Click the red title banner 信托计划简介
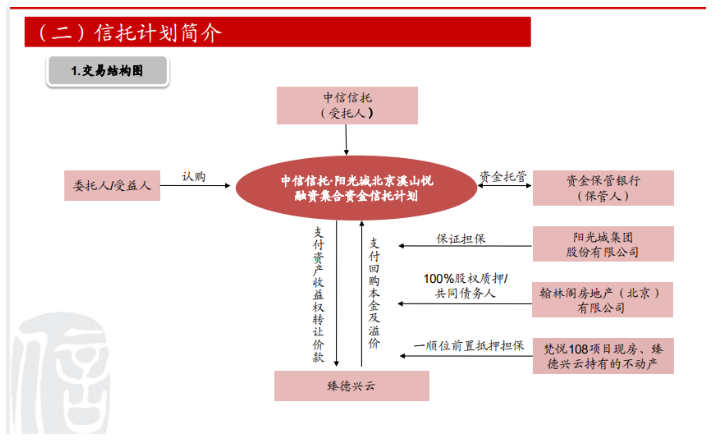tap(277, 32)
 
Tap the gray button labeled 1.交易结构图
tap(107, 70)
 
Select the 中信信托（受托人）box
tap(347, 105)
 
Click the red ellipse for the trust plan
tap(356, 188)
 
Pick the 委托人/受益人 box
tap(112, 185)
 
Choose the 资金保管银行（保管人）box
tap(603, 188)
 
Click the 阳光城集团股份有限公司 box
tap(603, 244)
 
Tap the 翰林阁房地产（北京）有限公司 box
tap(602, 300)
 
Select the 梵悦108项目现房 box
tap(603, 356)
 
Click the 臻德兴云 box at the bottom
tap(351, 386)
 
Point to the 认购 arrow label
tap(194, 176)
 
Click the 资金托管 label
tap(503, 176)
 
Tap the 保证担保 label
tap(461, 239)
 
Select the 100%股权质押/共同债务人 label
tap(465, 286)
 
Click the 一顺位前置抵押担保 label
tap(469, 346)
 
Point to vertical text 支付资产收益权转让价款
tap(318, 295)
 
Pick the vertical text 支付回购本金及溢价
tap(374, 293)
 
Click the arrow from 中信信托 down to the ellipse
tap(346, 140)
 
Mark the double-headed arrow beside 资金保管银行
tap(505, 185)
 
